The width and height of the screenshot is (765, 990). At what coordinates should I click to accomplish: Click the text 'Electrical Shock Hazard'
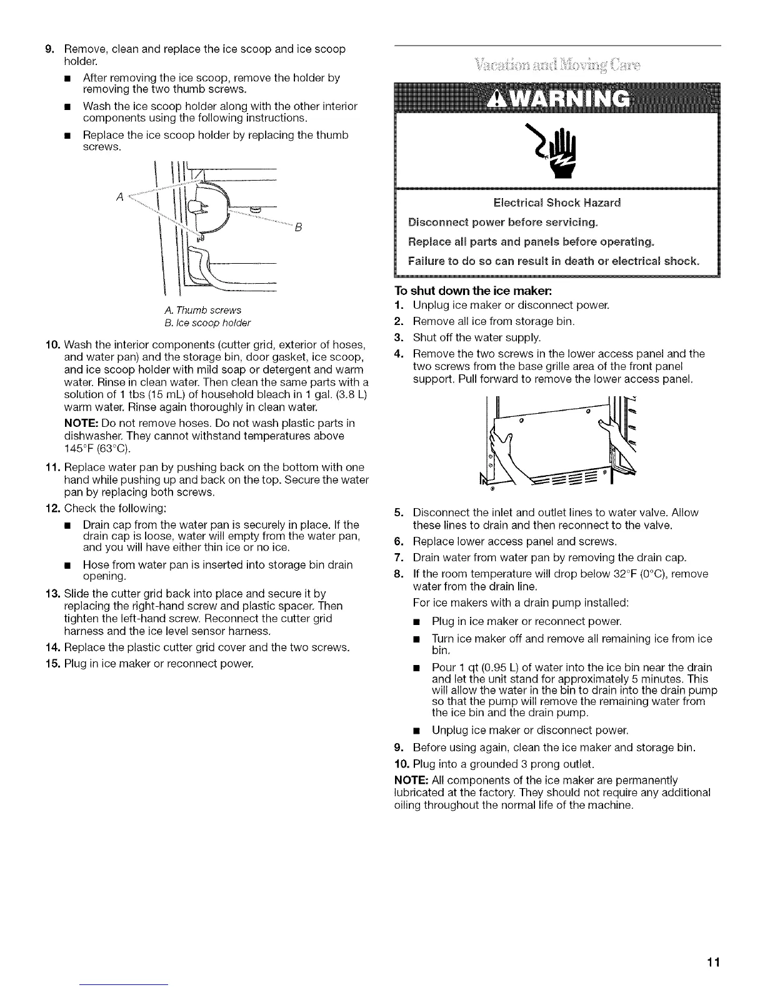(557, 202)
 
